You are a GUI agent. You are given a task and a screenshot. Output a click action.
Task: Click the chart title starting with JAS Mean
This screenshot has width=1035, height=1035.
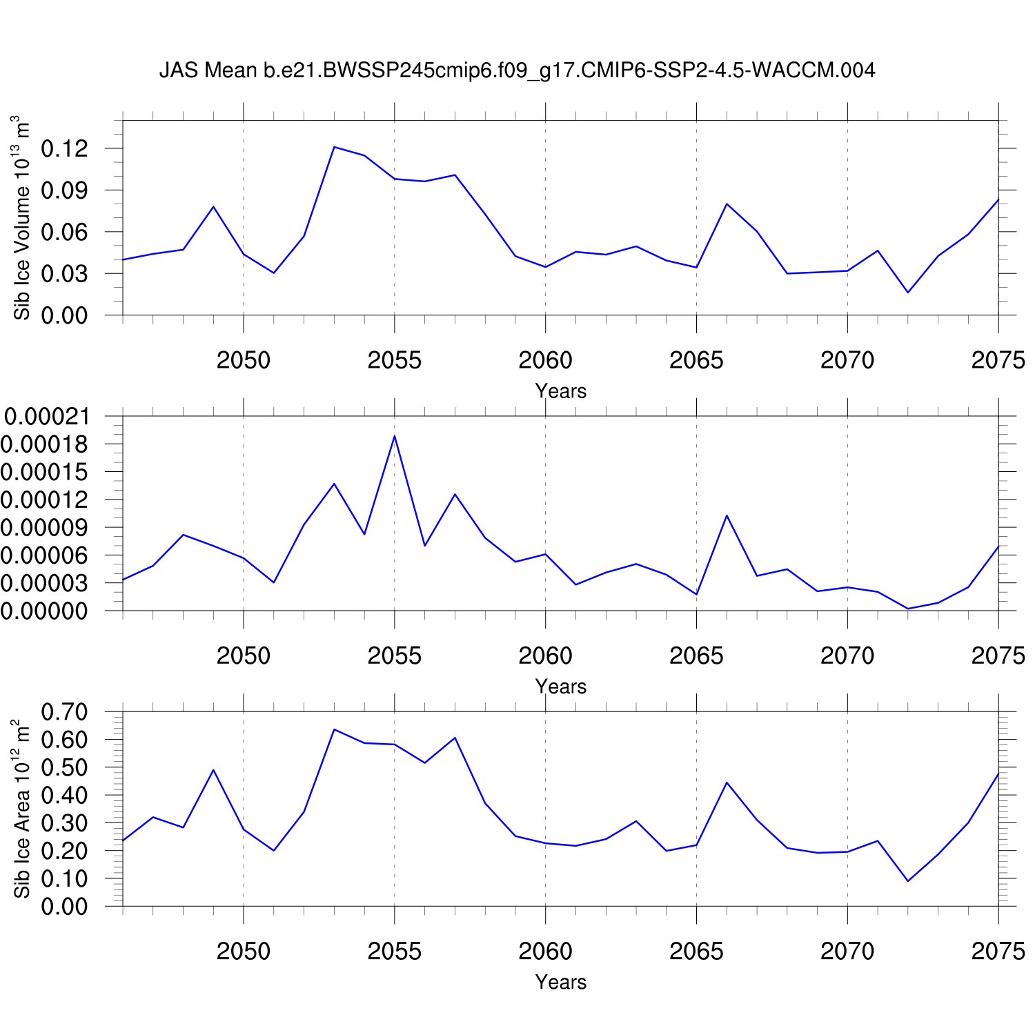pos(517,70)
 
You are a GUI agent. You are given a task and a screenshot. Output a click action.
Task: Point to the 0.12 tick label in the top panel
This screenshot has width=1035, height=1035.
pos(65,148)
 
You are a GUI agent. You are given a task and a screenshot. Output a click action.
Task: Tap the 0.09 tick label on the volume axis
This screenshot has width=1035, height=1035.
pos(65,190)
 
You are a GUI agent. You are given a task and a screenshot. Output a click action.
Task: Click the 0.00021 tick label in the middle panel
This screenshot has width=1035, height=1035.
pos(47,416)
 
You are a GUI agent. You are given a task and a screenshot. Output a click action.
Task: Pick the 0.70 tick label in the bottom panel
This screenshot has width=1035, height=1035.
pos(65,712)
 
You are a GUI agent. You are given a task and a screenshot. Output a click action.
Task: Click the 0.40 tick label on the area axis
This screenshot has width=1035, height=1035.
pos(65,796)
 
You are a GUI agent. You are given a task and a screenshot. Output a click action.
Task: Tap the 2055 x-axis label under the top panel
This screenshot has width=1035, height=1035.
pos(394,360)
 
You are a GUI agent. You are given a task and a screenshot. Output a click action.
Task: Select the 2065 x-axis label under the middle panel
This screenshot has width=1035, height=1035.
pos(696,655)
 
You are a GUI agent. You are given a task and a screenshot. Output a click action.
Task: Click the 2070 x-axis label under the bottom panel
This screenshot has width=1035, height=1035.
pos(847,952)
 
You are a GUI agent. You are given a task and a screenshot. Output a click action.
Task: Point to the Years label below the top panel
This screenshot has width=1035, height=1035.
pos(560,391)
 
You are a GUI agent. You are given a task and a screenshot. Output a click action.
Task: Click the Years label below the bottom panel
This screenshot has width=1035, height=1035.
pos(560,982)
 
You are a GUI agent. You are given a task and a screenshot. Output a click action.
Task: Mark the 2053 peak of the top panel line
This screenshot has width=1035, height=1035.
pos(334,147)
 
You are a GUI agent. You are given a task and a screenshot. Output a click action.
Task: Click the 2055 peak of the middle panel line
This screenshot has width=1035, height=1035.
pos(395,436)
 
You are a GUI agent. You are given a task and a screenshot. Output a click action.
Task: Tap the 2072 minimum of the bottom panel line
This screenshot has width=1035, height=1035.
pos(908,881)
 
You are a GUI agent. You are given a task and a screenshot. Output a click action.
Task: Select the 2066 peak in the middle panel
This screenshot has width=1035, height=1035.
pos(727,515)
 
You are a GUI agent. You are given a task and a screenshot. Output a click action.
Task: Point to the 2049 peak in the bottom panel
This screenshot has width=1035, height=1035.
pos(213,770)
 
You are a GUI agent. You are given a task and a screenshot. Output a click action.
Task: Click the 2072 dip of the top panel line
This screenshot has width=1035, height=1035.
pos(908,293)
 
